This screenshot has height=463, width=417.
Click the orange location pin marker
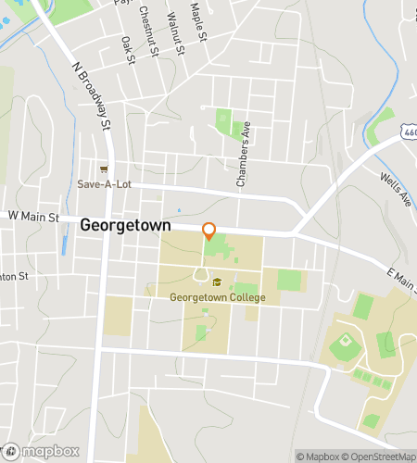pos(209,231)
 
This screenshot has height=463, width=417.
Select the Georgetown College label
pos(217,297)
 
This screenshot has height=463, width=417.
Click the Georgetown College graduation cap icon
pos(217,282)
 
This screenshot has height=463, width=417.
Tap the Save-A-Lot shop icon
pos(105,169)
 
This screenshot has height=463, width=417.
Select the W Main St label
pos(33,217)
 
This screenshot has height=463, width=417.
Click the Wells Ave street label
pos(396,188)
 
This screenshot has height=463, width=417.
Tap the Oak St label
pos(129,50)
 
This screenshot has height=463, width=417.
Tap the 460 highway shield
pos(409,135)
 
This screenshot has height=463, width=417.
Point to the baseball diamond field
pos(344,346)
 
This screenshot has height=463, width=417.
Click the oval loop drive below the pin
pos(200,274)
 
